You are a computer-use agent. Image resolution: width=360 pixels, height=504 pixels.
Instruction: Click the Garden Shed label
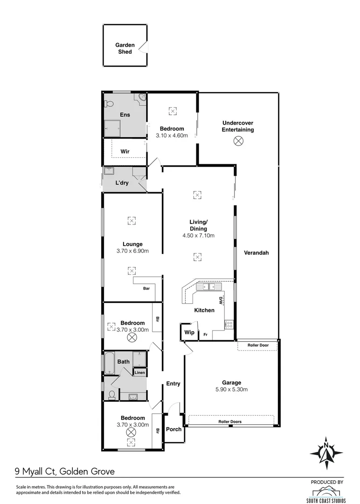coord(125,49)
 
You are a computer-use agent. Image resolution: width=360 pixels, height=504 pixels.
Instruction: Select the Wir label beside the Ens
coord(125,152)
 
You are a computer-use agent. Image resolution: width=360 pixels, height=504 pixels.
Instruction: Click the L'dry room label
coord(122,183)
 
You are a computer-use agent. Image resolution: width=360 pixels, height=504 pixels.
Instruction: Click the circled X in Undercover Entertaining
coord(238,140)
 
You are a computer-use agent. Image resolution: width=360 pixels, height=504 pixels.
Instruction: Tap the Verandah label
coord(256,253)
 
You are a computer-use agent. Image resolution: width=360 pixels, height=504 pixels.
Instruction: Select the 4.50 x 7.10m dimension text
coord(198,236)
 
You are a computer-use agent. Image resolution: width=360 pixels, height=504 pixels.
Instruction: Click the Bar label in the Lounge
coord(146,288)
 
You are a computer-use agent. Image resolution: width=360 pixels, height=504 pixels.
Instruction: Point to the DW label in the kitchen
coord(221,300)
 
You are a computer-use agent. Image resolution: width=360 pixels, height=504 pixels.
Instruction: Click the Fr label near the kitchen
coord(205,335)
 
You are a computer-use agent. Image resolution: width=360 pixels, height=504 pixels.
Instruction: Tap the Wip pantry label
coord(189,333)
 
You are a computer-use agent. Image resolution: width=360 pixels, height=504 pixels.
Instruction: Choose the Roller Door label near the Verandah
coord(259,345)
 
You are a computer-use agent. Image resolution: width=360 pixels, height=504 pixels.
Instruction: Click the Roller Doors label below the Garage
coord(230,421)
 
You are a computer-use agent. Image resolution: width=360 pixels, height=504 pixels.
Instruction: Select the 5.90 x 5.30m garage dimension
coord(231,390)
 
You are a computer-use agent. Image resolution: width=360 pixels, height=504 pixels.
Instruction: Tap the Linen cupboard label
coord(140,372)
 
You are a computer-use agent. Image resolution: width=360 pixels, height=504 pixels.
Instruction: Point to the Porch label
coord(174,429)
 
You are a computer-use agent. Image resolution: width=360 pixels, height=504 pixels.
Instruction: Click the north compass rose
coord(326,453)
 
